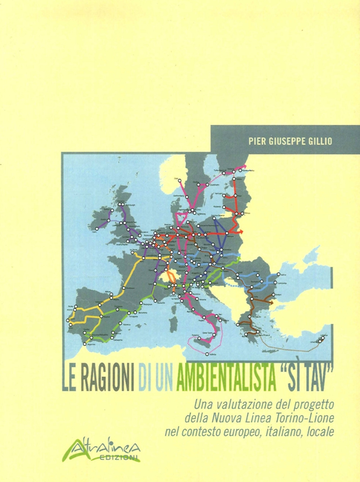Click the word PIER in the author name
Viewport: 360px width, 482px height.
tap(256, 141)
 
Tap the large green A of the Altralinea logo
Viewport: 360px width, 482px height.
tap(94, 450)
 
